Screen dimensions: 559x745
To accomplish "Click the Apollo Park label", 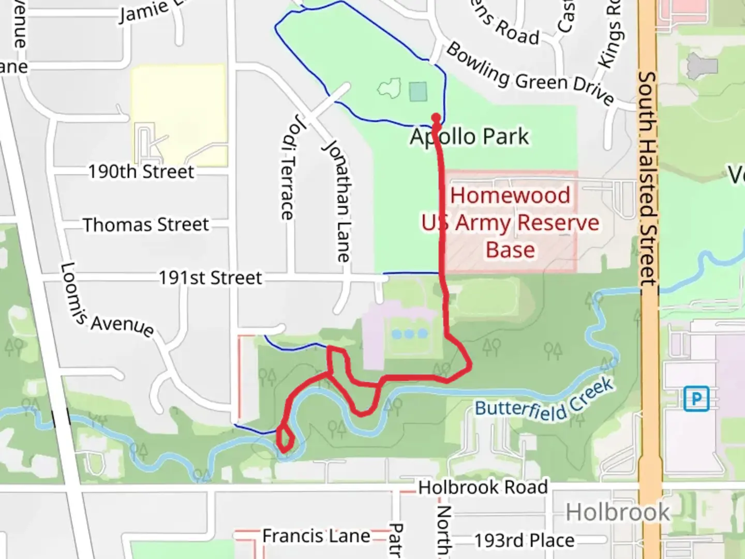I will (469, 137).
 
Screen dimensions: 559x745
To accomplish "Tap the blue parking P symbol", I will (696, 399).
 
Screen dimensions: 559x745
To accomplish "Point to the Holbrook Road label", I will (483, 487).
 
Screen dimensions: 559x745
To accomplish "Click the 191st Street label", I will (210, 278).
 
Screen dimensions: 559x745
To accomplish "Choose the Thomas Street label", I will (146, 225).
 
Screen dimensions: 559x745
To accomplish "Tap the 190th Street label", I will (141, 171).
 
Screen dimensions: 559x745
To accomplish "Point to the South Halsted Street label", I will (648, 179).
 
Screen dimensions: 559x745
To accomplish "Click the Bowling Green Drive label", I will (530, 74).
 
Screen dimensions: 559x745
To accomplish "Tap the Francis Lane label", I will (316, 536).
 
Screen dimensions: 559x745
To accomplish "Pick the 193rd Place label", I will (524, 540).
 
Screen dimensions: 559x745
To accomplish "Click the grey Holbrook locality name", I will (618, 513).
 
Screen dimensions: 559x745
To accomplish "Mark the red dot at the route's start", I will (436, 118).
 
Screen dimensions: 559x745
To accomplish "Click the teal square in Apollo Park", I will (418, 92).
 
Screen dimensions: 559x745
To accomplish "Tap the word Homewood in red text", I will (510, 196).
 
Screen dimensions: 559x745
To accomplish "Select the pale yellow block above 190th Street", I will (178, 115).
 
